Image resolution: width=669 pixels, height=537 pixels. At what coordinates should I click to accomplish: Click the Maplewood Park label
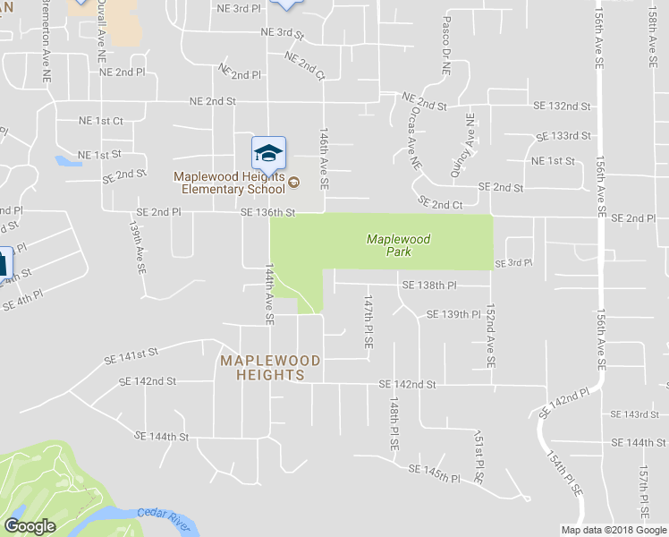399,246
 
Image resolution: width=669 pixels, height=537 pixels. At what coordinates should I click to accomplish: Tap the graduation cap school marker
268,154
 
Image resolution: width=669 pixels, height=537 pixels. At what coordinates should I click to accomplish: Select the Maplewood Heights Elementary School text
231,183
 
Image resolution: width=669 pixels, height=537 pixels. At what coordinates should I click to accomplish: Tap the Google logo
30,526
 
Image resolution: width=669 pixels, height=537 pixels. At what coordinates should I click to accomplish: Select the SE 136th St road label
267,212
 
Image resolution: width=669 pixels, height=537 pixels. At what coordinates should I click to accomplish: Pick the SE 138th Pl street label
429,285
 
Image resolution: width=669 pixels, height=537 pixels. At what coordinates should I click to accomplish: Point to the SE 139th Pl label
453,314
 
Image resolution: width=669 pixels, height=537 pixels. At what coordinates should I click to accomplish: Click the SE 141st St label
131,355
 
